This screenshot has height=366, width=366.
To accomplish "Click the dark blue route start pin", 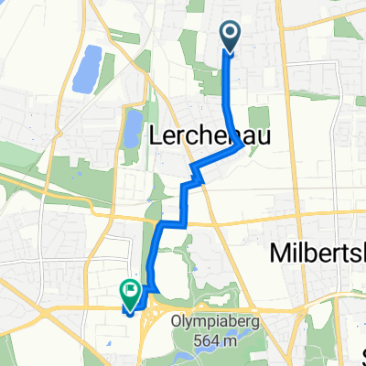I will (228, 36).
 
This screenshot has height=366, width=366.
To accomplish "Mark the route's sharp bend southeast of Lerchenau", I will (242, 144).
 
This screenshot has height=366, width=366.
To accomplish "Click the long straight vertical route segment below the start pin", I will (228, 91).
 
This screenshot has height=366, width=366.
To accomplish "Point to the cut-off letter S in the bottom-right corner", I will (361, 352).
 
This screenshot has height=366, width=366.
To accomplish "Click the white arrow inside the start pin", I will (228, 35).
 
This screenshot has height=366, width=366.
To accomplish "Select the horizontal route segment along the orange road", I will (174, 222).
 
